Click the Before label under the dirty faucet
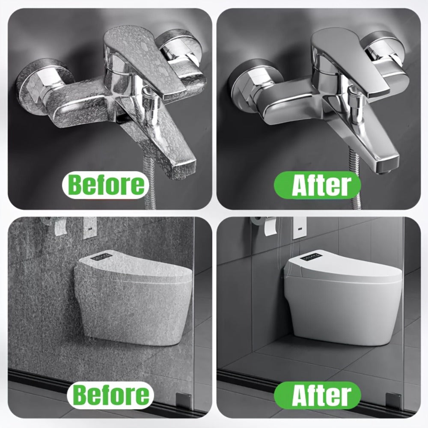click(105, 185)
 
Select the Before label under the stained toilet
click(110, 395)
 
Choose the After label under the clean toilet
click(318, 395)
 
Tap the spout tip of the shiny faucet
click(388, 165)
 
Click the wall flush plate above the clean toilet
click(300, 228)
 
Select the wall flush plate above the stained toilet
click(90, 228)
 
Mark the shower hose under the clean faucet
click(354, 180)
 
